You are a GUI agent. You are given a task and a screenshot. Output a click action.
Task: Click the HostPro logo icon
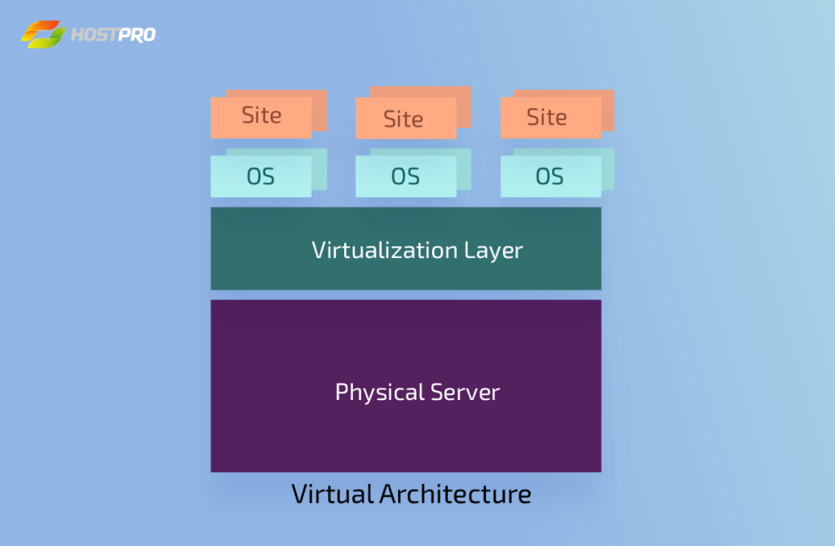(43, 35)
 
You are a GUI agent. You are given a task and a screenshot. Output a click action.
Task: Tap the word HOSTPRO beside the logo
(113, 35)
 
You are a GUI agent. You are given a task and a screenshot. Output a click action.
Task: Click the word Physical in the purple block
(376, 393)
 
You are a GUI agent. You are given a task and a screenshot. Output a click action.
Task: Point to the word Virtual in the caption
(332, 494)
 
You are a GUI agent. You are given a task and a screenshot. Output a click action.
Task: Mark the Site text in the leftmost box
(261, 115)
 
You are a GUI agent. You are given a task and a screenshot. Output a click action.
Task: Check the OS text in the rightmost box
(549, 176)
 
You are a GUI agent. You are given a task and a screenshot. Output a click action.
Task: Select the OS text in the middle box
(404, 176)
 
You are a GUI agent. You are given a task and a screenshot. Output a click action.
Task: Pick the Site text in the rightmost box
(546, 118)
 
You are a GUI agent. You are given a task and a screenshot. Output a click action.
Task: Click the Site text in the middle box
(403, 119)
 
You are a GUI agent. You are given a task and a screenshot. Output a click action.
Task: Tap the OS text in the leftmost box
(260, 176)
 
